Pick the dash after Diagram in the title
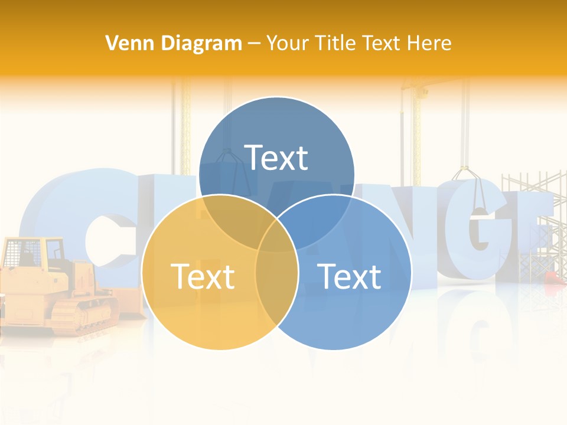point(255,44)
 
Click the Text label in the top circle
point(276,158)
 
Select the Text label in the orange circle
point(203,276)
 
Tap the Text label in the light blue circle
point(349,276)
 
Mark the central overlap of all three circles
point(277,236)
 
